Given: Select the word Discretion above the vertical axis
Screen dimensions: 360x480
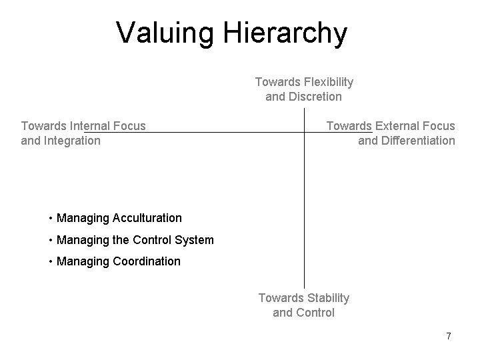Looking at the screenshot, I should [315, 97].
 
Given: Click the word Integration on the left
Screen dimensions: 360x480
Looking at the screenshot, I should [73, 140].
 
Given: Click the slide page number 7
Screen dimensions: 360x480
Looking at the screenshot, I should [449, 336].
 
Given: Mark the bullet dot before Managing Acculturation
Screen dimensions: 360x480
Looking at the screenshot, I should [51, 219].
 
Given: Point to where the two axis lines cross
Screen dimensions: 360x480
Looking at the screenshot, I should [305, 133].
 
